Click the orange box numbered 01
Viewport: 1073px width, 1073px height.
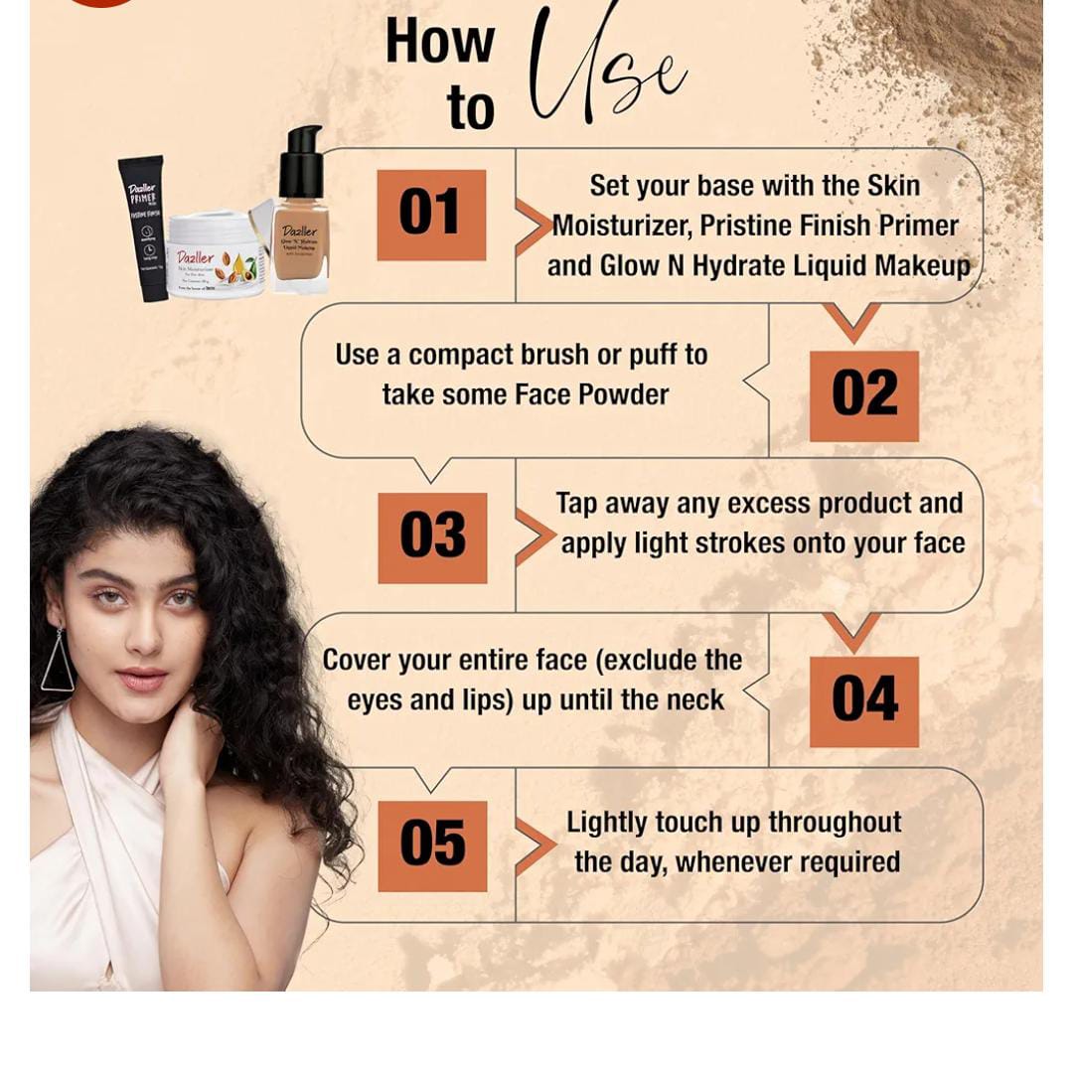(x=431, y=215)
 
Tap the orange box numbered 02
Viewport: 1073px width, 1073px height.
(x=864, y=395)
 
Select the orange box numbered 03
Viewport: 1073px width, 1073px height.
(x=432, y=537)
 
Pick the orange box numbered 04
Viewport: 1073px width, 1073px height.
(x=864, y=700)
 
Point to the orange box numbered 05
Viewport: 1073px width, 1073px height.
(x=432, y=845)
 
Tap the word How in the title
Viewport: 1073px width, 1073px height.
(x=439, y=42)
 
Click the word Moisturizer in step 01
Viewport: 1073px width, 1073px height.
(x=622, y=226)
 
